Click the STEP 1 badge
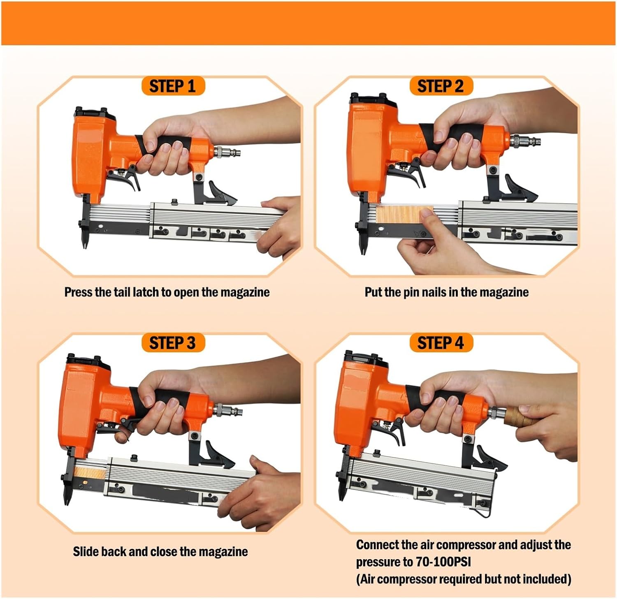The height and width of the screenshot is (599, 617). tap(172, 86)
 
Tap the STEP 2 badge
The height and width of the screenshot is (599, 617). tap(441, 86)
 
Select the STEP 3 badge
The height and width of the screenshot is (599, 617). tap(172, 343)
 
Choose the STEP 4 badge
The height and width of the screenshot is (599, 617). tap(441, 343)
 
